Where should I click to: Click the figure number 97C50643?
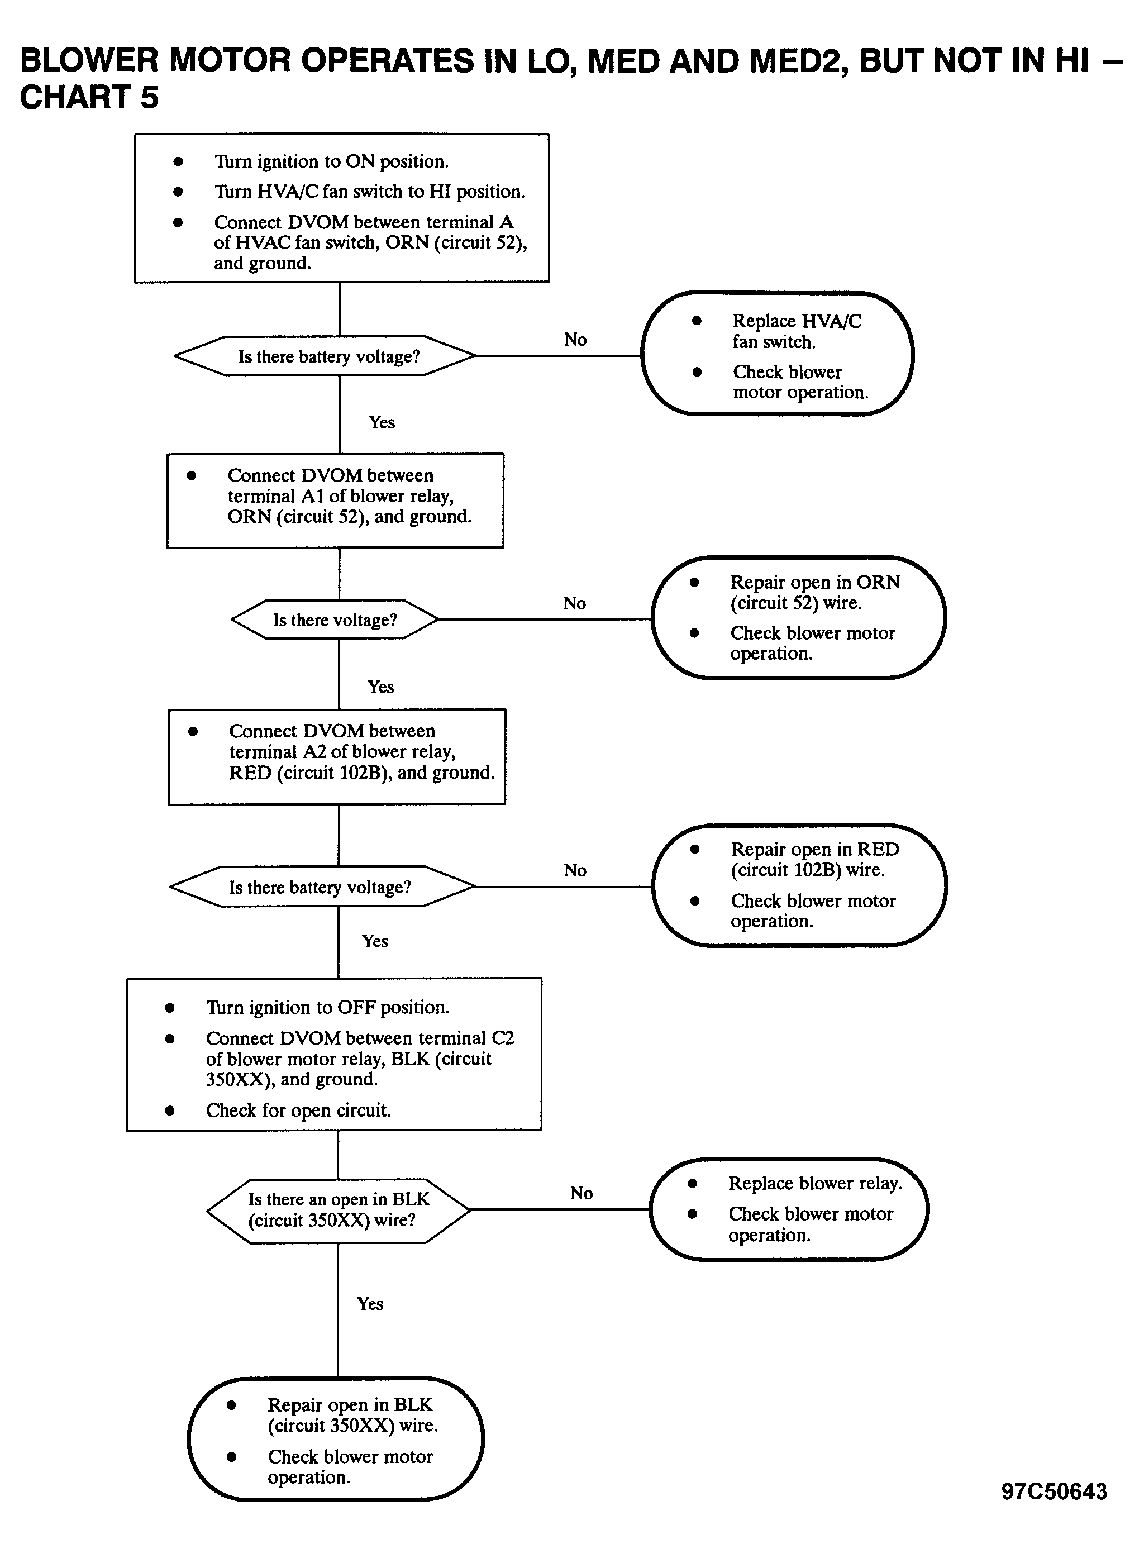[1054, 1491]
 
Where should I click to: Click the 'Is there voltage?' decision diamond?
[335, 619]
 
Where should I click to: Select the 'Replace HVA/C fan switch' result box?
[777, 354]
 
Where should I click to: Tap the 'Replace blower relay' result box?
[789, 1209]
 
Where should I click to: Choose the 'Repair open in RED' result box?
[800, 885]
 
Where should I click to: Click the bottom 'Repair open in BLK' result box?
[336, 1439]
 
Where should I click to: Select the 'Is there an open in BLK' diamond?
[339, 1209]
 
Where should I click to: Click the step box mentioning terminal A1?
[335, 501]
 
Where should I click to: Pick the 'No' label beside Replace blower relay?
[581, 1192]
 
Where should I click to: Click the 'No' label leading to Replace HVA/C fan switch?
[575, 339]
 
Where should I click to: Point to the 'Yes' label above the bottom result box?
[370, 1303]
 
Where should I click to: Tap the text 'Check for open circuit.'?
[298, 1110]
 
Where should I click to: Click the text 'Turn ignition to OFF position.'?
[327, 1007]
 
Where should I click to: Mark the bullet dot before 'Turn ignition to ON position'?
[178, 161]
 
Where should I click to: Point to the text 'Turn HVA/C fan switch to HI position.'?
[370, 191]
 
